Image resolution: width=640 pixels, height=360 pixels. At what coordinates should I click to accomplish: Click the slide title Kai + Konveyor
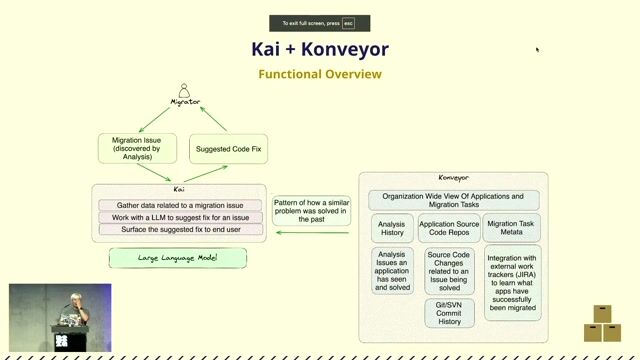coord(319,49)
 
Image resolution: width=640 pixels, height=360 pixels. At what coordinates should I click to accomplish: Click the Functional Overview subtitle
coord(319,74)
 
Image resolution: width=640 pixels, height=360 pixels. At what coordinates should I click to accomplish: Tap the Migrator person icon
coord(184,91)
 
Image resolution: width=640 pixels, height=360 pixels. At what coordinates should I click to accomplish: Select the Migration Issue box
coord(138,148)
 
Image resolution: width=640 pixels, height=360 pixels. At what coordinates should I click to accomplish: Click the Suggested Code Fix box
coord(229,148)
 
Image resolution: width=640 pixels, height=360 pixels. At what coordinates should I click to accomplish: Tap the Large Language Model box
coord(178,258)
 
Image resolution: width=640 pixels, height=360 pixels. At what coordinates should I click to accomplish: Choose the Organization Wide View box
coord(453,201)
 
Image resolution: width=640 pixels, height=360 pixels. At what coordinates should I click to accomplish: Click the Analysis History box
coord(392,228)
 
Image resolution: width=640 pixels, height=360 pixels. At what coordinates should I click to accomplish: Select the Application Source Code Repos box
coord(449,228)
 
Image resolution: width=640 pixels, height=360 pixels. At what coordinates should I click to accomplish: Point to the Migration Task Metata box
coord(511,228)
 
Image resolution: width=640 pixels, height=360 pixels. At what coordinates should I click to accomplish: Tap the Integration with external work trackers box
coord(512,283)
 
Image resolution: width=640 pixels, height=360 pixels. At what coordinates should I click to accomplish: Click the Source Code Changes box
coord(449,272)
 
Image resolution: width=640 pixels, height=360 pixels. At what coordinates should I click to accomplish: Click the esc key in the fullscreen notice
coord(348,23)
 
